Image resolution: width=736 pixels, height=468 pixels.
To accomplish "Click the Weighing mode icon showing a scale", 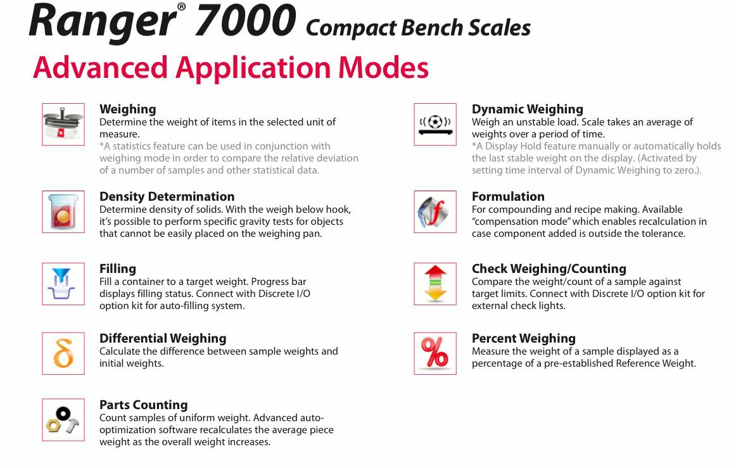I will click(x=63, y=124).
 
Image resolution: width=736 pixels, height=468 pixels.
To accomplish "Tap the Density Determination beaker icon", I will click(x=63, y=212).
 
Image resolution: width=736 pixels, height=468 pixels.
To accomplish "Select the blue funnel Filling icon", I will click(x=63, y=284).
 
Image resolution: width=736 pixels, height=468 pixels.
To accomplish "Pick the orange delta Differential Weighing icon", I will click(x=63, y=353).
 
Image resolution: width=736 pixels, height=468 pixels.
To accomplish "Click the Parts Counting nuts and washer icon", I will click(x=63, y=419).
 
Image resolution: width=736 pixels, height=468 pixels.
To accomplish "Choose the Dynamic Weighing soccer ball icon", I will click(x=435, y=124).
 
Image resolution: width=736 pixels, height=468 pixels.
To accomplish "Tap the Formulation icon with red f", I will click(x=435, y=212).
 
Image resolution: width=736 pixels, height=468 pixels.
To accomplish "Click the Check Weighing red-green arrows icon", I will click(x=435, y=284).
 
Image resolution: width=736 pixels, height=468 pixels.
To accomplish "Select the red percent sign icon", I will click(x=435, y=353).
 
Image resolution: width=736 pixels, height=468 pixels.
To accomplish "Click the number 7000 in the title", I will click(x=245, y=20).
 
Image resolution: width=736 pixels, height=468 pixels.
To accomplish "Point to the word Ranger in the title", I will click(x=102, y=22).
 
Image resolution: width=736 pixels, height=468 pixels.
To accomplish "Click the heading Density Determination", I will click(x=167, y=196).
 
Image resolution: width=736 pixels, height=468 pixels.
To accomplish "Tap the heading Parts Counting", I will click(x=143, y=405).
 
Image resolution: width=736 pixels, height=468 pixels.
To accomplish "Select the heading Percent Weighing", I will click(x=523, y=338).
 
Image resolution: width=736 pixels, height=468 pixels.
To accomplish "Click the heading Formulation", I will click(x=508, y=196).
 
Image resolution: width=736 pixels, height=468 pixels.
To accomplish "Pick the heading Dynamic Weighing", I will click(x=527, y=109).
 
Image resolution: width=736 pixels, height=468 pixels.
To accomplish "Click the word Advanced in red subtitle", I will click(x=100, y=68).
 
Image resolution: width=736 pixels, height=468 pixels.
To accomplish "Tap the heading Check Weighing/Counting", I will click(x=549, y=269).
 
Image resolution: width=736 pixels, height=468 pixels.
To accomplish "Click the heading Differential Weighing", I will click(x=162, y=338).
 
